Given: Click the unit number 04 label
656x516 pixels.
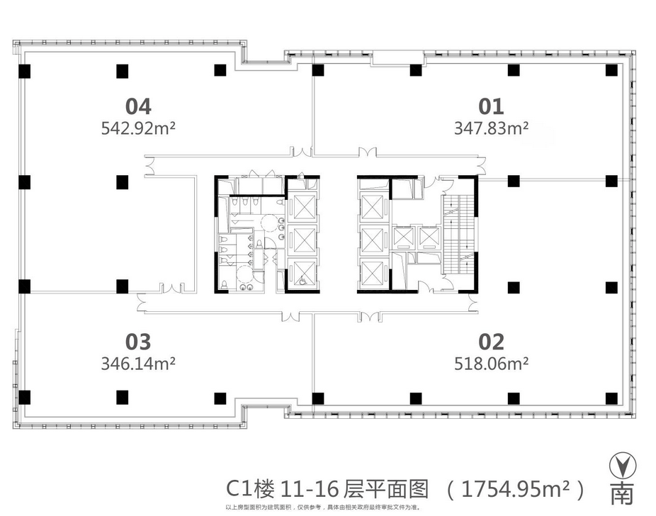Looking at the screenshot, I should (138, 106).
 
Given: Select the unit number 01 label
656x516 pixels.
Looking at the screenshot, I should (491, 106).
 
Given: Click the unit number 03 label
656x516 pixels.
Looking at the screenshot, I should (138, 342).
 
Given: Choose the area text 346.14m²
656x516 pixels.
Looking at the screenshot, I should (139, 364).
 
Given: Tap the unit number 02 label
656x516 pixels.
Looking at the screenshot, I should (491, 342).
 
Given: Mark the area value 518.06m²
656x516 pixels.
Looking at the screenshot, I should (492, 364).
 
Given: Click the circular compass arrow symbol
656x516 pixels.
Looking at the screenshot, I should (621, 465).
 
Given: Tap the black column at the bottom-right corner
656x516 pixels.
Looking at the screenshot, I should (611, 397).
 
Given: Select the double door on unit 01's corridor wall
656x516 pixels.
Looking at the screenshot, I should (368, 151).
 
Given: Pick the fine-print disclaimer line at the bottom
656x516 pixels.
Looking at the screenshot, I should (327, 507).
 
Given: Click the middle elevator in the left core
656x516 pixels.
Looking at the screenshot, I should (303, 240).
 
